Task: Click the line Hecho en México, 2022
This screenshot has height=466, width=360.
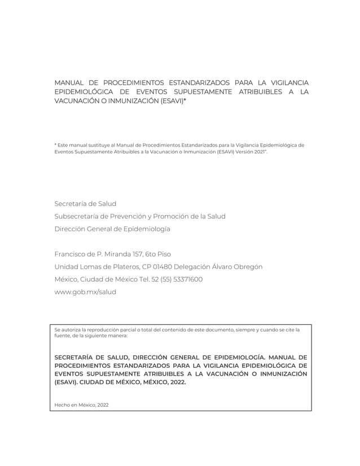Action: [81, 405]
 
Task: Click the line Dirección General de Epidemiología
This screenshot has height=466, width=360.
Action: [112, 229]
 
